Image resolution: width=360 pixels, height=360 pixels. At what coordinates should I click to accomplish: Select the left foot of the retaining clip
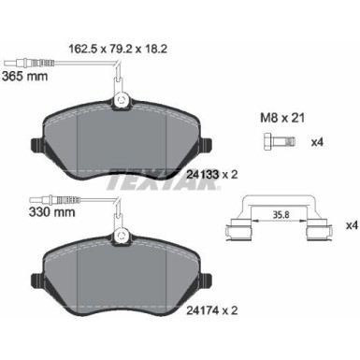pyautogui.click(x=237, y=233)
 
